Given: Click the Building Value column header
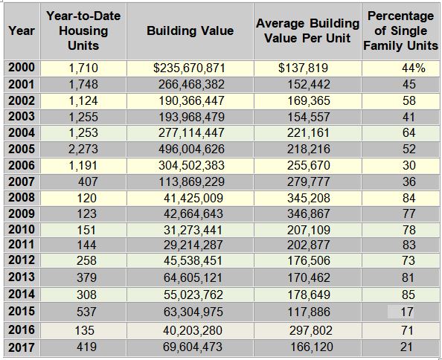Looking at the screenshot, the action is tap(190, 30).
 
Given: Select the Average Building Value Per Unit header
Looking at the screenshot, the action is tap(307, 30).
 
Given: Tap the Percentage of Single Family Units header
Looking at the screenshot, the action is tap(400, 30).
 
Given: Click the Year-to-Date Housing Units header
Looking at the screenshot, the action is tap(83, 30).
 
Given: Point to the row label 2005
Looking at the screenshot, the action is tap(22, 149).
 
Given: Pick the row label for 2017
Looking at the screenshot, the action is tap(22, 347).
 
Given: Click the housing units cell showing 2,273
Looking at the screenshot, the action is tap(83, 150).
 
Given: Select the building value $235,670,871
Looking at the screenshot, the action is tap(189, 68).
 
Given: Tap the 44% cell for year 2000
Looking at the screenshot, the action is tap(414, 68).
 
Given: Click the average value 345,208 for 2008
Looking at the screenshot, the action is tap(309, 198).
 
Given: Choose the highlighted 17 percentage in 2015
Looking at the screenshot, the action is tap(407, 312).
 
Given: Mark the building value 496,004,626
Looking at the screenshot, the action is tap(191, 150).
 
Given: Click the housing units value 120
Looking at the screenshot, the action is tap(87, 198).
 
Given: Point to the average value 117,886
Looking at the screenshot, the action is tap(309, 312).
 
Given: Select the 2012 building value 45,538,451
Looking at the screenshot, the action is tap(193, 260).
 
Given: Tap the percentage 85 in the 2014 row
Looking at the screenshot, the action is tap(409, 295).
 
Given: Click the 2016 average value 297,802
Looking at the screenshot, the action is tap(311, 330).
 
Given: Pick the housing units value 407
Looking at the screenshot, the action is tap(88, 181).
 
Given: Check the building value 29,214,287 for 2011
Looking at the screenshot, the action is tap(193, 245).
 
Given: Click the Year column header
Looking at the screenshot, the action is tap(22, 30).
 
